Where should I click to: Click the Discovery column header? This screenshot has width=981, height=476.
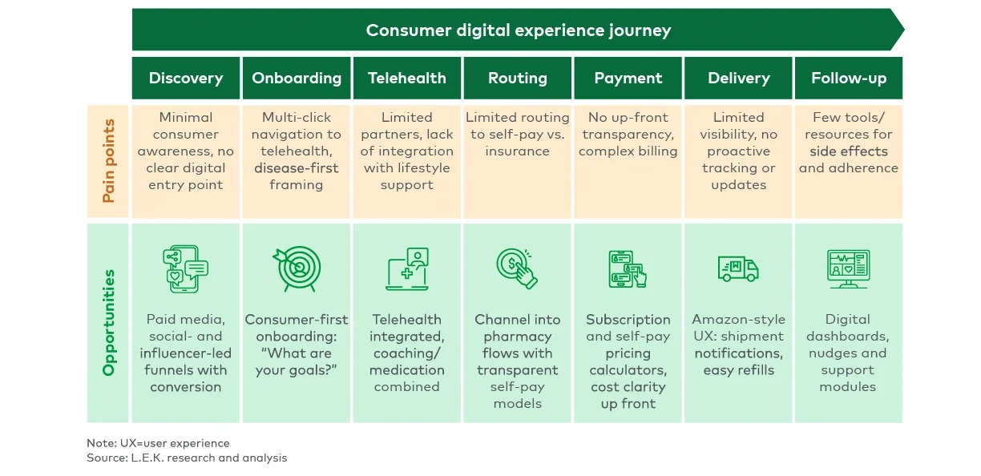point(186,78)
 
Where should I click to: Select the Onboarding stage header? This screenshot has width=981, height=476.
point(297,78)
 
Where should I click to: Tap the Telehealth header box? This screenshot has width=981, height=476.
point(407,78)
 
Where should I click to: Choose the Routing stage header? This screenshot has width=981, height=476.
point(518,78)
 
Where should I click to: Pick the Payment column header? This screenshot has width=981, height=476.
point(628,78)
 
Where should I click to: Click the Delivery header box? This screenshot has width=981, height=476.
point(739,78)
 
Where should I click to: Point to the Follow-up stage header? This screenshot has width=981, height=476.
point(849,78)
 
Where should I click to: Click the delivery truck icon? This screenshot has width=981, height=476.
point(738,269)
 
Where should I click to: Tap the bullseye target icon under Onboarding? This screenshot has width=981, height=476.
point(297,269)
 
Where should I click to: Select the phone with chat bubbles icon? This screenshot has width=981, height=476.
point(185,269)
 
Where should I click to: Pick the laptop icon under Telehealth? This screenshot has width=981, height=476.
point(407,269)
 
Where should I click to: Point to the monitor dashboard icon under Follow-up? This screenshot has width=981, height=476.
point(849,269)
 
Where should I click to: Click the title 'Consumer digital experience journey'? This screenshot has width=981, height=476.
point(518,30)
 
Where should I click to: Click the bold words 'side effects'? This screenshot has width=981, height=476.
point(848,151)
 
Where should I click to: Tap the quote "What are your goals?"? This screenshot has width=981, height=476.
point(297,361)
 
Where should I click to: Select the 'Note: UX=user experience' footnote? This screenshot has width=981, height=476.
point(158,443)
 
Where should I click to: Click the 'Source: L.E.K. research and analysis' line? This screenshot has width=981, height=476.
point(187,458)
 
